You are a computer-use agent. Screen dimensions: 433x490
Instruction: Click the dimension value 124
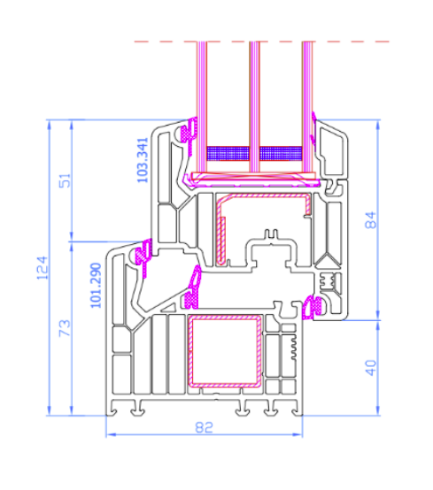pos(43,268)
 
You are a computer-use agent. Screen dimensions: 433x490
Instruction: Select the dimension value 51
pos(65,180)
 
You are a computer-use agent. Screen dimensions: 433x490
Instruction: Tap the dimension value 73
pos(65,328)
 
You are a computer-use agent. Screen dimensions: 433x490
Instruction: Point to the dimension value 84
pos(371,220)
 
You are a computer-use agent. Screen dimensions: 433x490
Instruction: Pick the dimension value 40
pos(371,368)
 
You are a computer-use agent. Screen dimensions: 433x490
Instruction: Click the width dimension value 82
pos(204,427)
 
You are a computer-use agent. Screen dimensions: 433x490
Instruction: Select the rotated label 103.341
pos(143,160)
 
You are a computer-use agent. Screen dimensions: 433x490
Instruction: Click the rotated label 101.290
pos(96,286)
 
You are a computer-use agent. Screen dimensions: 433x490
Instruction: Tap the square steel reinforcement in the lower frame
pos(225,351)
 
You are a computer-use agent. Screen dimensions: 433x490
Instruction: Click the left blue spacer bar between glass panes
pos(228,153)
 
